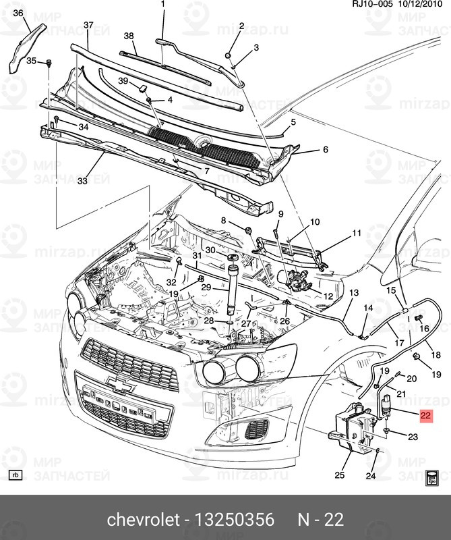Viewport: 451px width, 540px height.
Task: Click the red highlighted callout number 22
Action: coord(425,417)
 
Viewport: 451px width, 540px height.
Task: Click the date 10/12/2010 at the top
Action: coord(423,5)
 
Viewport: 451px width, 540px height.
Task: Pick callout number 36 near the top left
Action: coord(18,13)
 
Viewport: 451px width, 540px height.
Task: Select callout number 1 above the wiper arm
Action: coord(162,5)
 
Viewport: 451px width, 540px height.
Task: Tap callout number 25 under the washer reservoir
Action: coord(339,475)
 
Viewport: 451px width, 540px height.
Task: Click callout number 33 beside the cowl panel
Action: coord(82,181)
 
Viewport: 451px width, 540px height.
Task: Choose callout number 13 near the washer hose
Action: coord(354,292)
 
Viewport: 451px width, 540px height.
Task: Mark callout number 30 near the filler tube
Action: coord(210,250)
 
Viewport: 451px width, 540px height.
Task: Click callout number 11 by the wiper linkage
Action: coord(356,234)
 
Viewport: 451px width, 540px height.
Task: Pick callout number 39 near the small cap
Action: coord(123,81)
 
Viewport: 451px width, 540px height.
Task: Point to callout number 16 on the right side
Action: coord(425,328)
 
